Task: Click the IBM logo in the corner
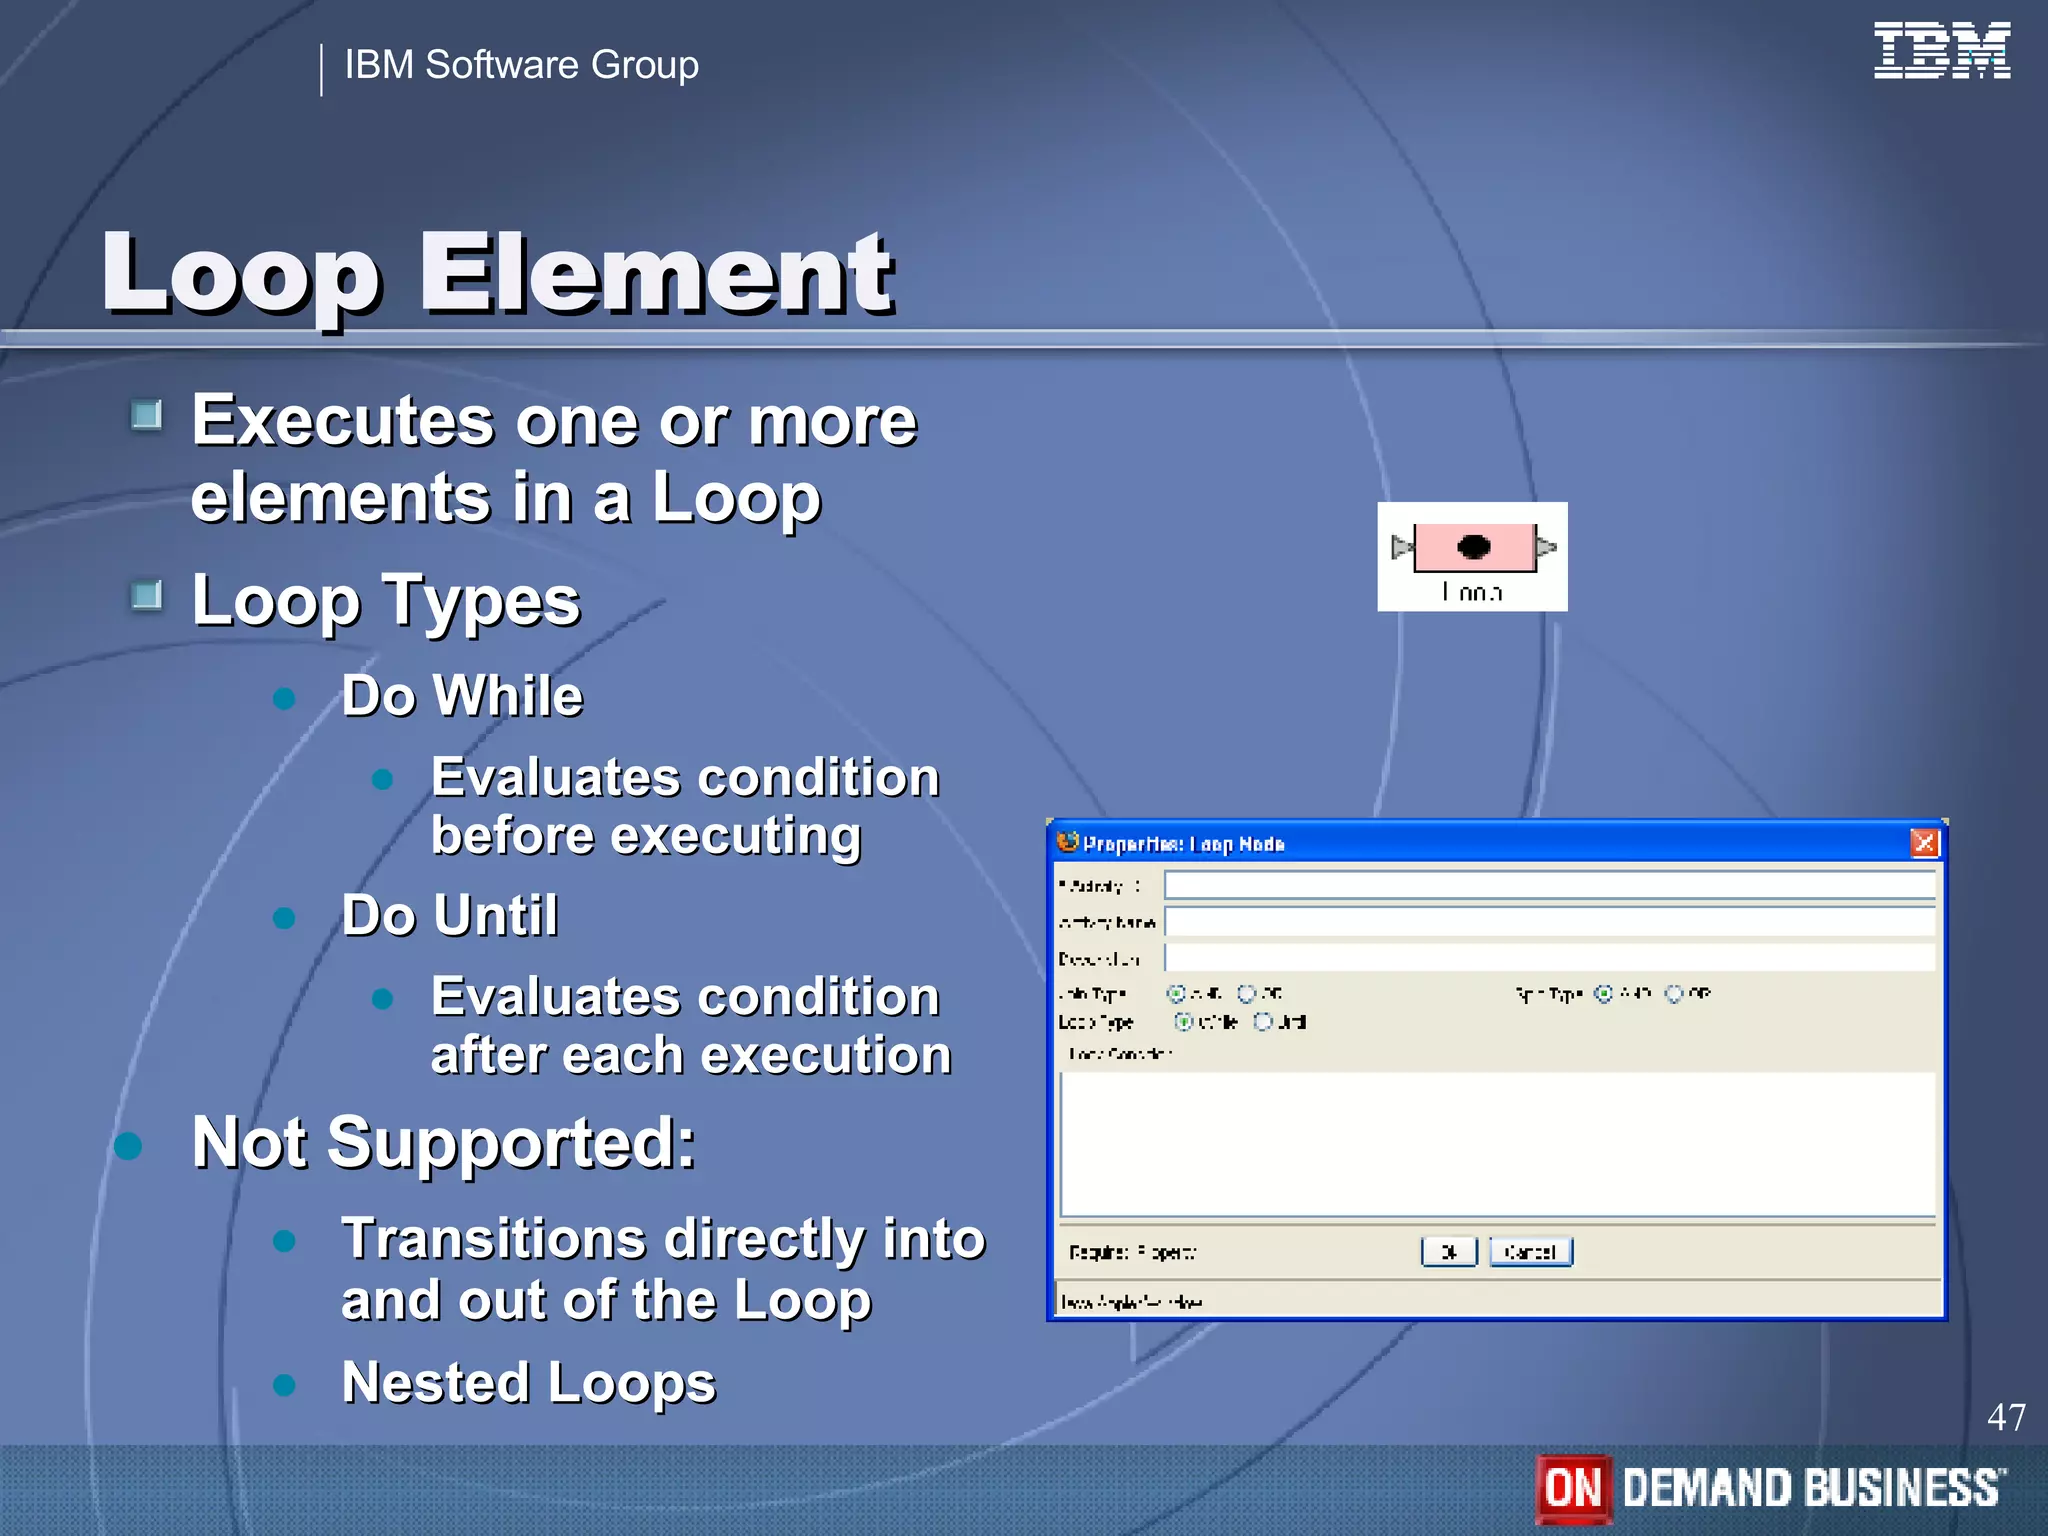1941,50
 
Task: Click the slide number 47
2005,1417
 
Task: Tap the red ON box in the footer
1573,1488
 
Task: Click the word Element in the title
656,272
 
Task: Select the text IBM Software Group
521,65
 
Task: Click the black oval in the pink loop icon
1473,546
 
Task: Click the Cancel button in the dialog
1530,1252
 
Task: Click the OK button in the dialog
1448,1252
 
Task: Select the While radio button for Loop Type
1184,1021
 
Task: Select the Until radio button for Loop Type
1263,1021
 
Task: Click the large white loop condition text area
1497,1143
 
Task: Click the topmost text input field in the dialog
1549,885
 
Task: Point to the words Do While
461,695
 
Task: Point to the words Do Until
449,914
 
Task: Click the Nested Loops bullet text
528,1382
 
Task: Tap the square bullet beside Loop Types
147,596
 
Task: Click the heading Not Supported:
443,1142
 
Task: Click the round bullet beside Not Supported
128,1146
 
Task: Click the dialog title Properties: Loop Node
1183,844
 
